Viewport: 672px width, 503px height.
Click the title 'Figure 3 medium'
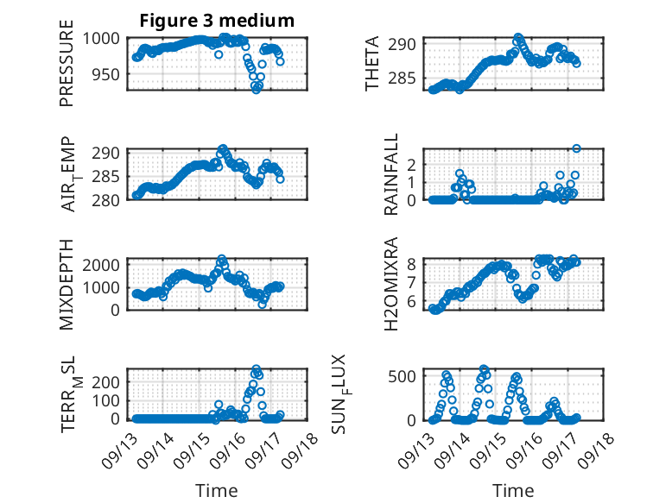217,20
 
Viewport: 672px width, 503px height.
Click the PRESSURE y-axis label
67,69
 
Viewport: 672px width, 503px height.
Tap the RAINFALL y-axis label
391,176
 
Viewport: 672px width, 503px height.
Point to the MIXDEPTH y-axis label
67,284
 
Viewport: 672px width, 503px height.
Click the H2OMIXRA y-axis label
391,284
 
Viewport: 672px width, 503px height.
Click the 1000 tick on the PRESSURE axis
105,38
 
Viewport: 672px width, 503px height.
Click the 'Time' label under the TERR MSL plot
217,490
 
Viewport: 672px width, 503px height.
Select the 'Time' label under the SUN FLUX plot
513,490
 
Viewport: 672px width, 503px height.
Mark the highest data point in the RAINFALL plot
576,148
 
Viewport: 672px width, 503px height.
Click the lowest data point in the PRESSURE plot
256,89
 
